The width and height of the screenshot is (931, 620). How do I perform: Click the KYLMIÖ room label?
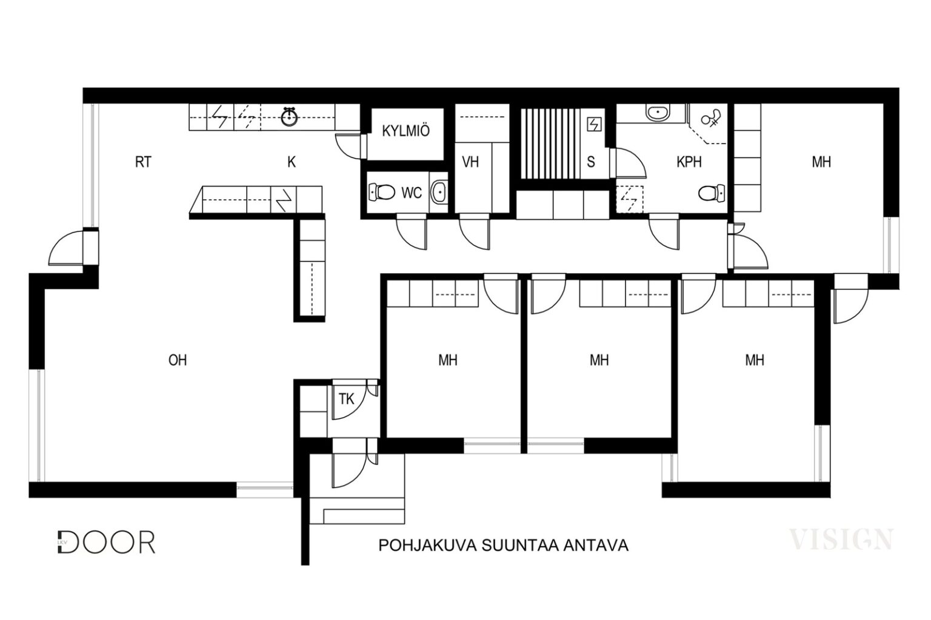[405, 131]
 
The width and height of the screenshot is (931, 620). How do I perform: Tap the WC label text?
[412, 193]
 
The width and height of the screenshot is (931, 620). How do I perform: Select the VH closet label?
[470, 162]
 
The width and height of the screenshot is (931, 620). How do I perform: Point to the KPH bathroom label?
[689, 162]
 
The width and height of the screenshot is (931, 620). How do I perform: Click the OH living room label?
[178, 360]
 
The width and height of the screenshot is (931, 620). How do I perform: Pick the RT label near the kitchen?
[143, 162]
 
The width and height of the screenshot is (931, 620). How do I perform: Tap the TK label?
[346, 399]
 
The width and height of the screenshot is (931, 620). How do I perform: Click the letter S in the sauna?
[590, 162]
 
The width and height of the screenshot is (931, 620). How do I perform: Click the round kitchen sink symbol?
[289, 117]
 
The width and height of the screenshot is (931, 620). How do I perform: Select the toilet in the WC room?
[381, 193]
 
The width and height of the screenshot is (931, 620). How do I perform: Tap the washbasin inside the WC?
[439, 193]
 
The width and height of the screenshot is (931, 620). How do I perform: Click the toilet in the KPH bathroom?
[712, 193]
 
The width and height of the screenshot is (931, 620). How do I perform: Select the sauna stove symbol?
[594, 124]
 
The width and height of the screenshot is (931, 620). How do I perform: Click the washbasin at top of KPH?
[658, 113]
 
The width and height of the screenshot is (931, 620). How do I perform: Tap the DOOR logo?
[107, 542]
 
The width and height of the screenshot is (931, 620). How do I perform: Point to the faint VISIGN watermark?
[841, 539]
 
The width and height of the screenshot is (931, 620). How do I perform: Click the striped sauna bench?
[550, 143]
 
